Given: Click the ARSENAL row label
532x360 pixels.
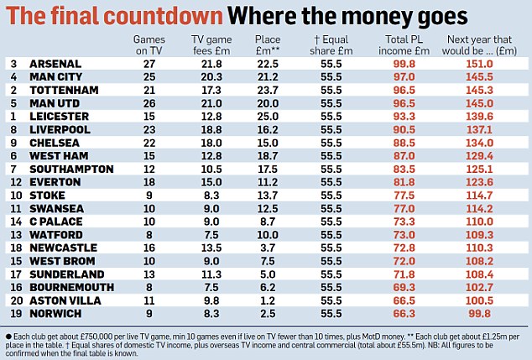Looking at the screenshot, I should pyautogui.click(x=55, y=64).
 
